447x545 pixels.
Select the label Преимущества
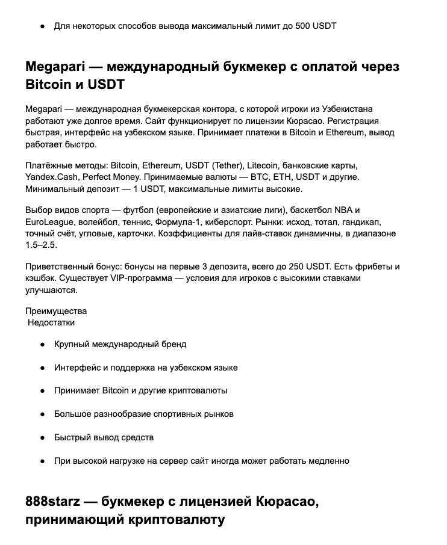(x=56, y=311)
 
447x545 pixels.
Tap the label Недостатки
(x=52, y=322)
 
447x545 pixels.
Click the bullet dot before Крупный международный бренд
(x=42, y=345)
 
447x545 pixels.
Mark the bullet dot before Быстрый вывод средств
(x=42, y=438)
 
